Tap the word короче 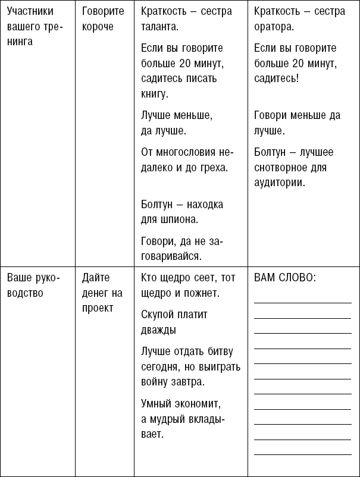(98, 27)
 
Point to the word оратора (273, 27)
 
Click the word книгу (155, 93)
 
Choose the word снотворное (279, 168)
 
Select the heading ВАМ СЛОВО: (284, 278)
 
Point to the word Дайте (96, 278)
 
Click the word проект (97, 307)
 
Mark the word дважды (159, 329)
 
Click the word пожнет (200, 293)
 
